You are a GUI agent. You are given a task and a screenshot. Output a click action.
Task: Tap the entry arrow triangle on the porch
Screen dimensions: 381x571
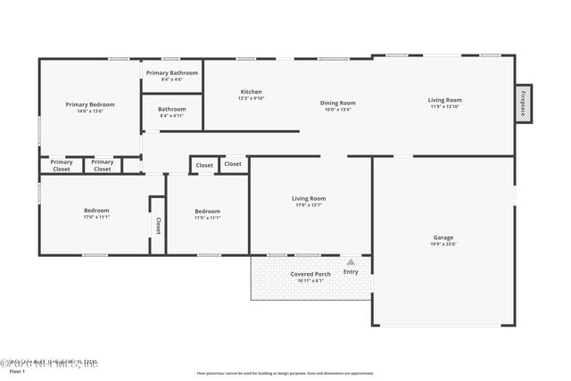pyautogui.click(x=351, y=262)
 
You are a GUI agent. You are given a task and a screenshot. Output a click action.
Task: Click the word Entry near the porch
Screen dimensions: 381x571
pyautogui.click(x=351, y=271)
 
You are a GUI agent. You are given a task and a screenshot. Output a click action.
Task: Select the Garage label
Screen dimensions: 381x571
pyautogui.click(x=443, y=237)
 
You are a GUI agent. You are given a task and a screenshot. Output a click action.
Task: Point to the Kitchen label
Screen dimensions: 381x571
pyautogui.click(x=251, y=92)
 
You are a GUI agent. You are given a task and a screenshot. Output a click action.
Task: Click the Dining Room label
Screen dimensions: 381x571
pyautogui.click(x=338, y=103)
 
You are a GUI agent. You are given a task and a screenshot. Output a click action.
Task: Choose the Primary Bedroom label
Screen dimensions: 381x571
pyautogui.click(x=90, y=104)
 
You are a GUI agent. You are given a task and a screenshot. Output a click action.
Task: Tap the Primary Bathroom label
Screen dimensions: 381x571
pyautogui.click(x=171, y=72)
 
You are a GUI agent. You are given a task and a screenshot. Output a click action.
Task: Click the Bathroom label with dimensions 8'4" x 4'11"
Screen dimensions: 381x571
pyautogui.click(x=171, y=109)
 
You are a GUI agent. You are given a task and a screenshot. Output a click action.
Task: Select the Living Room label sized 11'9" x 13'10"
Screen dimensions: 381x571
pyautogui.click(x=444, y=100)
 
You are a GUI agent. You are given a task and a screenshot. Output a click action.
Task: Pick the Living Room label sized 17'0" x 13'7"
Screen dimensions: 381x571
pyautogui.click(x=309, y=198)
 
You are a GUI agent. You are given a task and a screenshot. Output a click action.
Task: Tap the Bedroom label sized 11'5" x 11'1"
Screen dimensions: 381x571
pyautogui.click(x=207, y=211)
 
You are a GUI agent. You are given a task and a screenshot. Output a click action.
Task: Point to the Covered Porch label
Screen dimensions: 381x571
pyautogui.click(x=310, y=274)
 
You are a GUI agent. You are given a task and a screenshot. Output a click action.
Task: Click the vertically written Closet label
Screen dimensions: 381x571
pyautogui.click(x=158, y=226)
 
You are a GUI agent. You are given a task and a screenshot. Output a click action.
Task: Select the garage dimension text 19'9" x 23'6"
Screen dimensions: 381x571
pyautogui.click(x=443, y=244)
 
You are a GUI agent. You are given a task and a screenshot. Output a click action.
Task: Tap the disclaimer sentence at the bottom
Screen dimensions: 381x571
pyautogui.click(x=285, y=373)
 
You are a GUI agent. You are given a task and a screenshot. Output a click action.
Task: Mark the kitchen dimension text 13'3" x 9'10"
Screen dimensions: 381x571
pyautogui.click(x=251, y=98)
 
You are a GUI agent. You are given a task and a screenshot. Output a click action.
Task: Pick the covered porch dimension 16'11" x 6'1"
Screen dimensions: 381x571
pyautogui.click(x=310, y=281)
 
